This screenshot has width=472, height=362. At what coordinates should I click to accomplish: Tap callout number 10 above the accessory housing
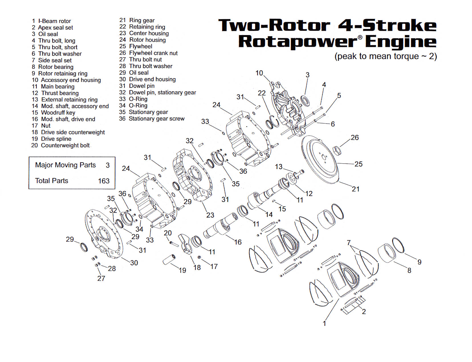[x=259, y=73]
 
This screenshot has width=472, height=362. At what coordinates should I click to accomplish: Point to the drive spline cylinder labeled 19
[x=169, y=260]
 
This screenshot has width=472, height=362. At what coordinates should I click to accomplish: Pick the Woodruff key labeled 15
[x=274, y=201]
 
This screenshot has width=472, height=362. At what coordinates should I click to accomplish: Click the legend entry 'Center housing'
[x=149, y=33]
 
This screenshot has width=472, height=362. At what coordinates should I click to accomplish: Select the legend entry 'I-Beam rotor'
[x=54, y=21]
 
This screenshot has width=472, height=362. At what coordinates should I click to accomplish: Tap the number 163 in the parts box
[x=104, y=181]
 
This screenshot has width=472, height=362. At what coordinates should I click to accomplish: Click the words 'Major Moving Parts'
[x=65, y=165]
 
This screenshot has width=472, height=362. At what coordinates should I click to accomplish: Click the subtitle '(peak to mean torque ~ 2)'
[x=385, y=56]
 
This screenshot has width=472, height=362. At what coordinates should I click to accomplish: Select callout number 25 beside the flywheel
[x=358, y=164]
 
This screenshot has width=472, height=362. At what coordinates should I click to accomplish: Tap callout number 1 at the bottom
[x=324, y=323]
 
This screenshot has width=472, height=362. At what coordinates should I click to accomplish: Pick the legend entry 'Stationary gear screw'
[x=156, y=119]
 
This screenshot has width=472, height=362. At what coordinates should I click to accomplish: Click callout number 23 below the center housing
[x=210, y=215]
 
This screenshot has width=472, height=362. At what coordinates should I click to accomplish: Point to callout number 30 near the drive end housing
[x=134, y=263]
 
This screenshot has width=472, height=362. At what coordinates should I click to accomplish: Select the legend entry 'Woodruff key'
[x=58, y=113]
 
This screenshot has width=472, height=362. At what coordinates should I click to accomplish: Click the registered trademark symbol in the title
[x=360, y=37]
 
